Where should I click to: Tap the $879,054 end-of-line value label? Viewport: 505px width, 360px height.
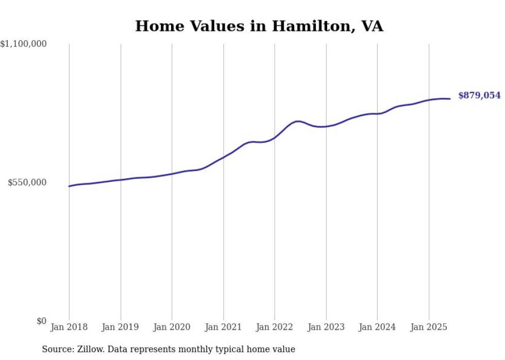(x=479, y=95)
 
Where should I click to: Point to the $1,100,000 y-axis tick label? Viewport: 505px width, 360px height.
(x=24, y=44)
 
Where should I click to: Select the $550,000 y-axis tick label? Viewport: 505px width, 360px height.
(x=27, y=182)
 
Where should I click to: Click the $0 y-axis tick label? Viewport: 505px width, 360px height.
(x=41, y=321)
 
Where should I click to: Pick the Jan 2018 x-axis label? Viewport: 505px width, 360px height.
(x=69, y=327)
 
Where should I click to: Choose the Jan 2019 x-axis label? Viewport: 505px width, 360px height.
(x=121, y=327)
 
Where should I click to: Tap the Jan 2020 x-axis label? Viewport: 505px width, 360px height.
(x=172, y=327)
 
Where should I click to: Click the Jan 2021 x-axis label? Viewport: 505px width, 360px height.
(x=223, y=327)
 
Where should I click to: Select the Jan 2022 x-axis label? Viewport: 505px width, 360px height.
(x=275, y=327)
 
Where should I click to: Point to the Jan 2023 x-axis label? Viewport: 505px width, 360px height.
(x=326, y=327)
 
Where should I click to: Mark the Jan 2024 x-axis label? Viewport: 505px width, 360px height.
(x=377, y=327)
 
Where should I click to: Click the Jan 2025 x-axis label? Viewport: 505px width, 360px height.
(x=429, y=327)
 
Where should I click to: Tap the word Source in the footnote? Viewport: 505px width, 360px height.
(x=56, y=349)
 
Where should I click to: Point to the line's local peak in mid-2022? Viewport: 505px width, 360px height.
(x=298, y=121)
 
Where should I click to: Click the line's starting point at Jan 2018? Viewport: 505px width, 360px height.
(x=69, y=186)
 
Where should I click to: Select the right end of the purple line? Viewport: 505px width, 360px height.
(x=450, y=98)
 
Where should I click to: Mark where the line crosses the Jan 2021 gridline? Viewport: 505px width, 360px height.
(x=223, y=157)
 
